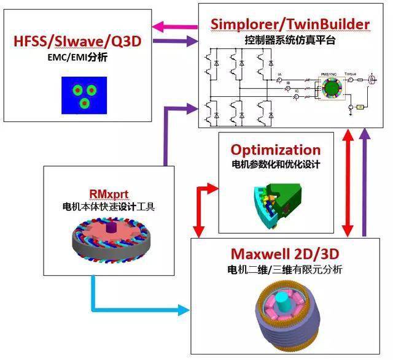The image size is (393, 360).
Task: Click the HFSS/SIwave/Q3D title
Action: tap(77, 42)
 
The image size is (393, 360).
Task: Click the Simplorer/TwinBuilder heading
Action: tap(290, 24)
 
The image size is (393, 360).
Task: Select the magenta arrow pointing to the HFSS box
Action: tap(174, 26)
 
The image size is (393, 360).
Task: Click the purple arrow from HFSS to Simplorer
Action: tap(174, 41)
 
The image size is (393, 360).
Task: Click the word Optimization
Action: tap(276, 150)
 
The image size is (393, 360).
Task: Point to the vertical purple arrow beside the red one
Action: tap(366, 184)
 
